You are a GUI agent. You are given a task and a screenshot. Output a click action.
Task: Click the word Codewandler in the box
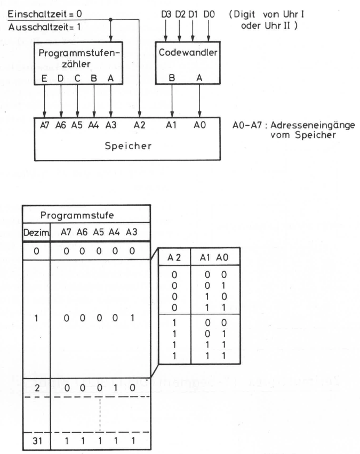click(188, 52)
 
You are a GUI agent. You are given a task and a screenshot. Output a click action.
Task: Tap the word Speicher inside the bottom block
click(128, 145)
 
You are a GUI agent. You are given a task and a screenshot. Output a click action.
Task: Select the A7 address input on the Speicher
click(45, 125)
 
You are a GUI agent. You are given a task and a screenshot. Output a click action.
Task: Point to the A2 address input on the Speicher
click(139, 125)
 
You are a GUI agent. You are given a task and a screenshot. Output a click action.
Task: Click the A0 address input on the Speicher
click(199, 125)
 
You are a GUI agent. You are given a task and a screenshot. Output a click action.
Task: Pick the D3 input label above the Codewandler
click(166, 14)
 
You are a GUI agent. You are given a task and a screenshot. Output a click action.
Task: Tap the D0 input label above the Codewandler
click(209, 14)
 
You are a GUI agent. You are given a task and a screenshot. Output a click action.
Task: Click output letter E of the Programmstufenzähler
click(44, 78)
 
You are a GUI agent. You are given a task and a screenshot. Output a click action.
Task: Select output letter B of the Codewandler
click(172, 78)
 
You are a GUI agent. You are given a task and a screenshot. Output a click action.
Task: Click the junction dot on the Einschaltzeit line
click(110, 20)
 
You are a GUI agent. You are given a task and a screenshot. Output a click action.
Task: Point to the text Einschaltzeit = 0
click(45, 14)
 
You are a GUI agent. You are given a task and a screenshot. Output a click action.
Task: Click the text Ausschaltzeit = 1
click(44, 27)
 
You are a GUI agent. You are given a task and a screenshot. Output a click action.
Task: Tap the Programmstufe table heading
click(77, 215)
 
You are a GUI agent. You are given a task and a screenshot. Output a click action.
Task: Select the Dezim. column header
click(36, 232)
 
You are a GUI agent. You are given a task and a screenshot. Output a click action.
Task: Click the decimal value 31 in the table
click(37, 441)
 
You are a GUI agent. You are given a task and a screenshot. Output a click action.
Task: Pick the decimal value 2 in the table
click(37, 388)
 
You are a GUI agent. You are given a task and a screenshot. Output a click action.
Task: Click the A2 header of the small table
click(174, 257)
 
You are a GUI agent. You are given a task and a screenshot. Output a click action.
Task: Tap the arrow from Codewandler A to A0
click(199, 101)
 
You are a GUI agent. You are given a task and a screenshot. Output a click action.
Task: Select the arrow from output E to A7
click(44, 101)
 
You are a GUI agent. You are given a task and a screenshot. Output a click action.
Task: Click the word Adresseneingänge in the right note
click(313, 125)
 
